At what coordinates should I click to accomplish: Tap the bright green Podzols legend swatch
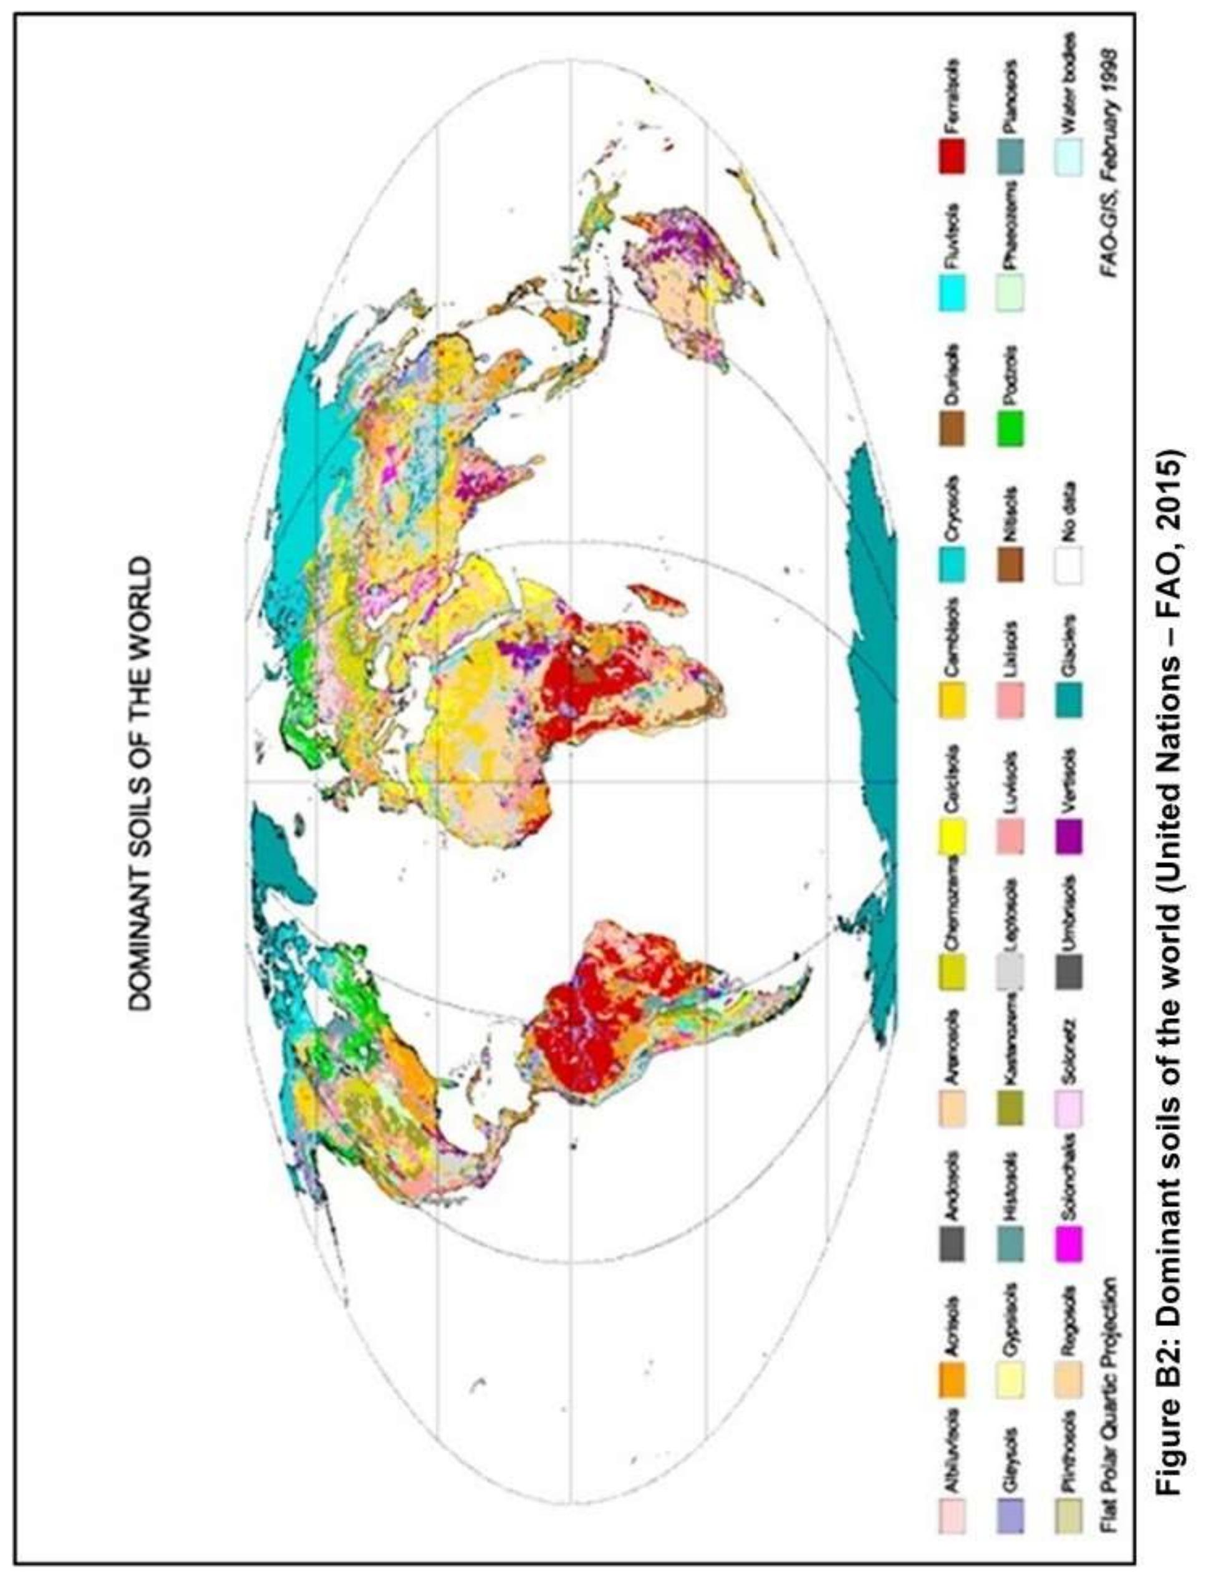(1010, 428)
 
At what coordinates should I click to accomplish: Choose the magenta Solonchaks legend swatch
(1069, 1245)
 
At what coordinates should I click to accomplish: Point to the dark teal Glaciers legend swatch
(1069, 700)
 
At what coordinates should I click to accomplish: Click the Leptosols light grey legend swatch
(1010, 974)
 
